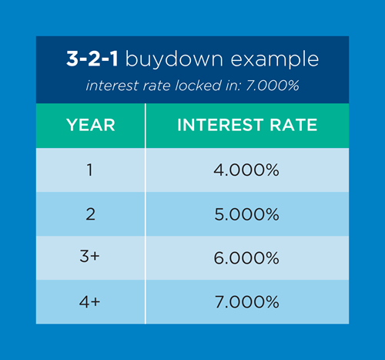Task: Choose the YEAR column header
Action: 90,126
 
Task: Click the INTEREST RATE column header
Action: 247,126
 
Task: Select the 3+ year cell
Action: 90,258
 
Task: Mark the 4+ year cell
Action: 90,302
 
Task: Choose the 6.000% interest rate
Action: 247,258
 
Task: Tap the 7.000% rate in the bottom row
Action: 247,302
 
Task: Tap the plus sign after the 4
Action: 96,302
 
